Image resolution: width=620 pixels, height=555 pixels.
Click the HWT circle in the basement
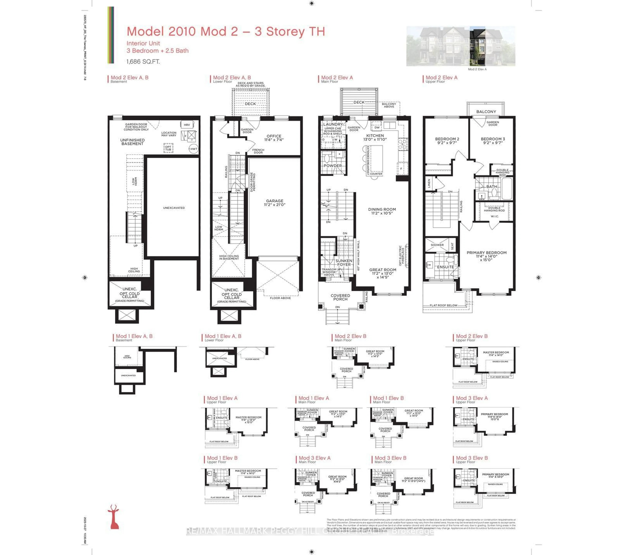tap(194, 149)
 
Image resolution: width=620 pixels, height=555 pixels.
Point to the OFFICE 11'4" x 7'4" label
tap(274, 138)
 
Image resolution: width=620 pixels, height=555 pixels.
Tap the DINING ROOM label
tap(382, 211)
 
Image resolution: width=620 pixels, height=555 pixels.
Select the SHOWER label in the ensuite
tap(437, 245)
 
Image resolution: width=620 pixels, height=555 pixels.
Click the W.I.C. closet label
tap(495, 216)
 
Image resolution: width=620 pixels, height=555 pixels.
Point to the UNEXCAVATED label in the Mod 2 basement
tap(174, 208)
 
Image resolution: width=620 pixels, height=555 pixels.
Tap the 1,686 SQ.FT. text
tap(143, 62)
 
